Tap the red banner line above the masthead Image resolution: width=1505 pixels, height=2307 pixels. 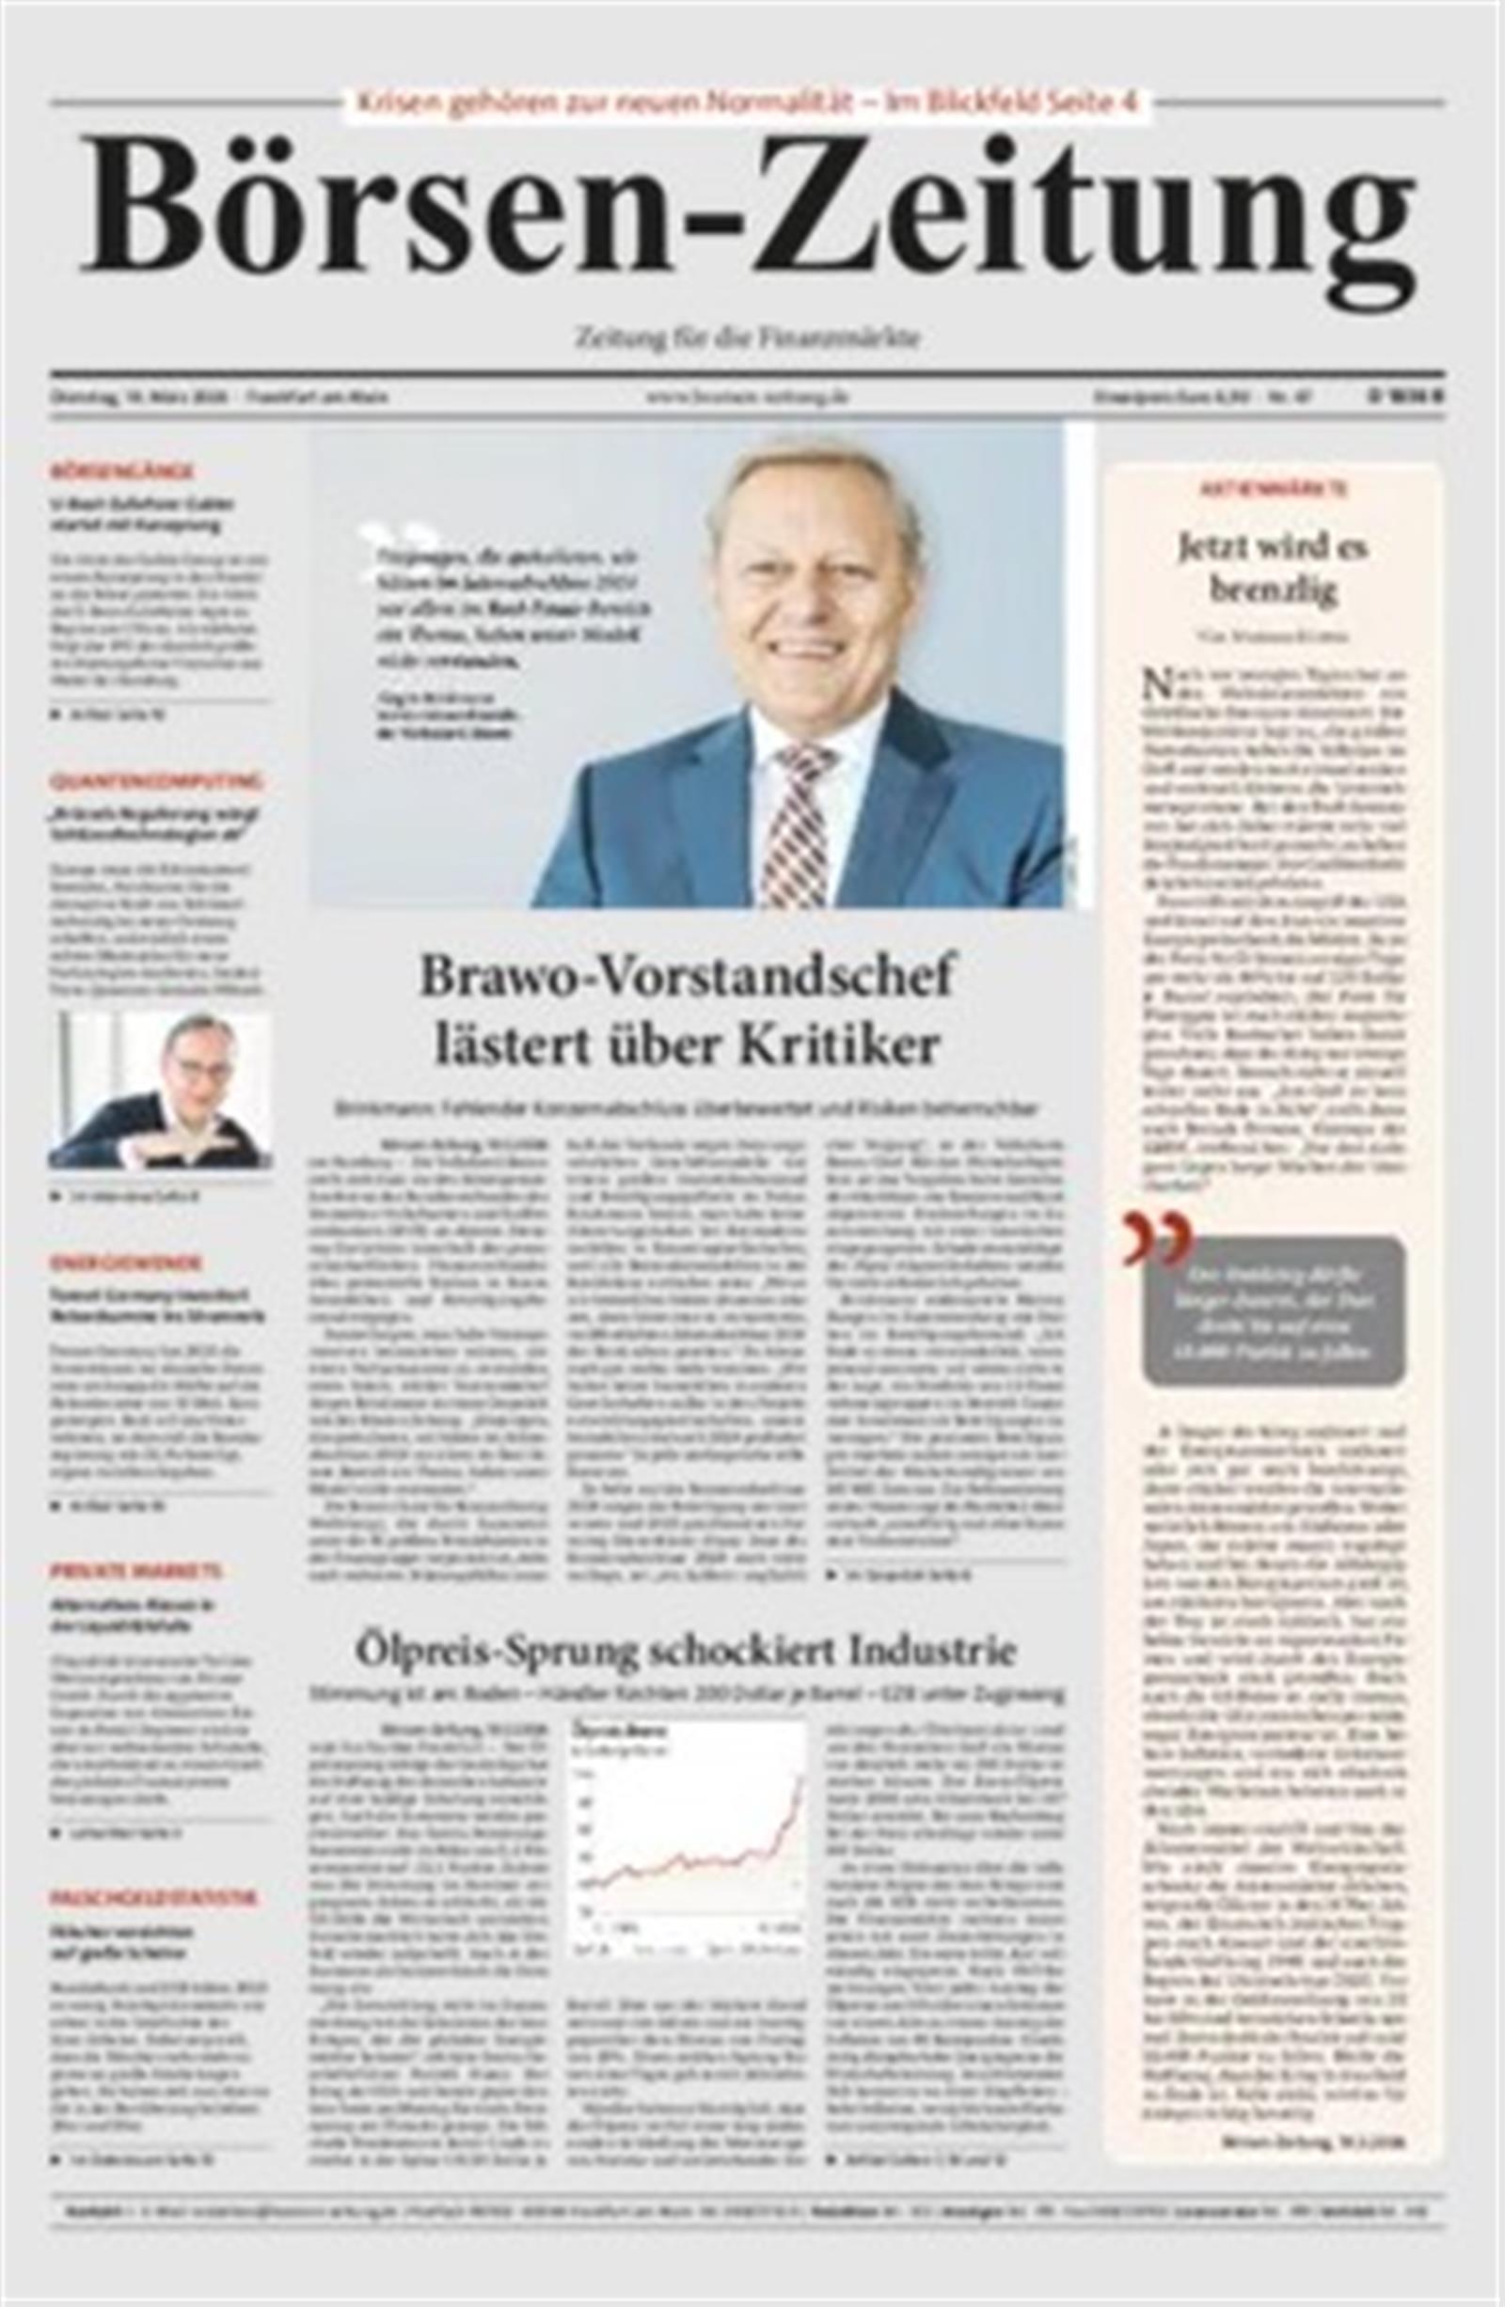click(747, 102)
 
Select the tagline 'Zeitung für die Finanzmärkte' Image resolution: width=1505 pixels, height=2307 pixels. click(747, 339)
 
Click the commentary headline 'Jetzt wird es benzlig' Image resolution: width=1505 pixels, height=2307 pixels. click(1273, 569)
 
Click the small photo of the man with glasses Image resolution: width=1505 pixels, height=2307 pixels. click(160, 1089)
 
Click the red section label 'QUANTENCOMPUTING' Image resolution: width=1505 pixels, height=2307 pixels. click(156, 780)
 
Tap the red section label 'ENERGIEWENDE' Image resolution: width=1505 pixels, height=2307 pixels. click(125, 1263)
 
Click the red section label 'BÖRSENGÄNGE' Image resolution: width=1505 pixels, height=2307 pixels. click(121, 471)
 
